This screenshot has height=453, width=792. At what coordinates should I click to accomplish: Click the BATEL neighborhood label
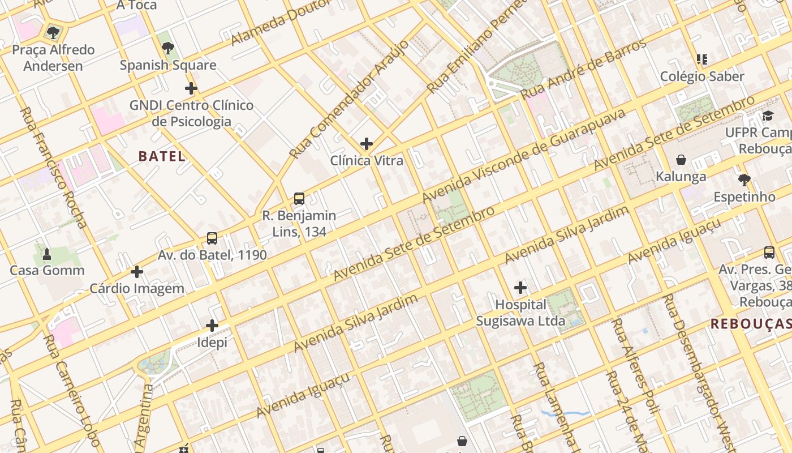pos(162,157)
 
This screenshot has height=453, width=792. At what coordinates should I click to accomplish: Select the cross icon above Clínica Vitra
pos(367,144)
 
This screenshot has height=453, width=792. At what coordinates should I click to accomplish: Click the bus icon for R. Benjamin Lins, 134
pos(299,199)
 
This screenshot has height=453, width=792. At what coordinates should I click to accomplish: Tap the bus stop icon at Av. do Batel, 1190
pos(212,238)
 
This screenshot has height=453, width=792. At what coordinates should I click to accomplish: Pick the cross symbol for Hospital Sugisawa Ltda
pos(520,288)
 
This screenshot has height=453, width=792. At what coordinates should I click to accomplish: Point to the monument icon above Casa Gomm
pos(47,254)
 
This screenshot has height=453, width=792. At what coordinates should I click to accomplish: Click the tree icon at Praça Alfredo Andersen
pos(53,33)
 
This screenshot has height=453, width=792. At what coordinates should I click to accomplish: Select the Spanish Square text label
pos(168,65)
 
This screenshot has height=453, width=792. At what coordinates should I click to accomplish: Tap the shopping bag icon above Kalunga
pos(681,160)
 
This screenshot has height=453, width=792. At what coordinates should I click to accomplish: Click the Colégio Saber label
pos(702,76)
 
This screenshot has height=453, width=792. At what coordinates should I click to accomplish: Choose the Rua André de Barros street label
pos(583,69)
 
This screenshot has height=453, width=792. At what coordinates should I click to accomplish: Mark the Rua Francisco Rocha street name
pos(53,167)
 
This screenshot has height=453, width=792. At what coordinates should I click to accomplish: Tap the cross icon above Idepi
pos(212,326)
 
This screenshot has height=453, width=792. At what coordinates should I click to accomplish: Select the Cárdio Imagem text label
pos(137,289)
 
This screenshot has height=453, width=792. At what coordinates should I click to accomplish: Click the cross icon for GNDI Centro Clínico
pos(191,88)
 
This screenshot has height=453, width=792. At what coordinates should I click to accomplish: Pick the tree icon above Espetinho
pos(744,180)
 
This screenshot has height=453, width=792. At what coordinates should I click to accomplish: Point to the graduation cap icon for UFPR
pos(768,116)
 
